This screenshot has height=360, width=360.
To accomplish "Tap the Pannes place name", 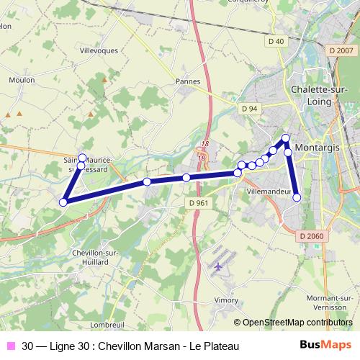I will point(188,81).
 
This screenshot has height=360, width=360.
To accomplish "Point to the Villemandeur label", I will point(266,193).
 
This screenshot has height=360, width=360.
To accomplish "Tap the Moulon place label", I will point(22,80).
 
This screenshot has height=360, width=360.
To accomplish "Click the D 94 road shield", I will point(250,108).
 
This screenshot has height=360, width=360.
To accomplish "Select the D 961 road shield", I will point(199,203).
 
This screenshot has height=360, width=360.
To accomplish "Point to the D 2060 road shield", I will point(311,236).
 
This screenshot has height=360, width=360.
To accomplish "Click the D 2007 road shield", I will point(341,50).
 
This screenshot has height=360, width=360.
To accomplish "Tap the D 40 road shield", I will point(276,42).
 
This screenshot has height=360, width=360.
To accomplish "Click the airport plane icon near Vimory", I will point(218,266).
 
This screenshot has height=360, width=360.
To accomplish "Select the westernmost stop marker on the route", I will point(63,202).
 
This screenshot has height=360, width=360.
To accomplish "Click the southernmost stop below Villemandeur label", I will point(297,197).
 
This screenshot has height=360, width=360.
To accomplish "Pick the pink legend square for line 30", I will point(12,346).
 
